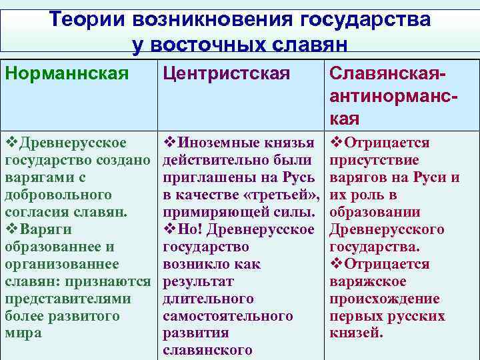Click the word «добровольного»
[x=58, y=195]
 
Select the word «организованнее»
[x=62, y=264]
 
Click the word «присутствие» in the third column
[x=374, y=161]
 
